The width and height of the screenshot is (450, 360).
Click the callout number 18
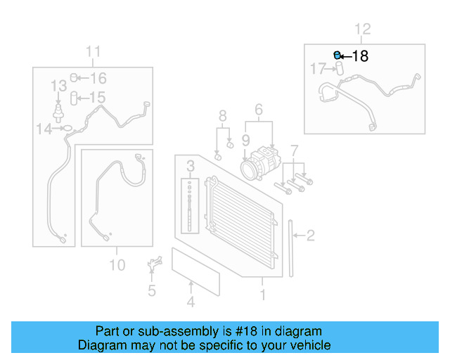click(359, 56)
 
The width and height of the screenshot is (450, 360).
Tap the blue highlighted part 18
click(337, 55)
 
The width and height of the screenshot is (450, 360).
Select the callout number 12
click(362, 30)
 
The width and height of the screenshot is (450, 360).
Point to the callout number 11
click(94, 52)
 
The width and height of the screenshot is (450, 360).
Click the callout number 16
click(98, 78)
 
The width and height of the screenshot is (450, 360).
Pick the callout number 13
click(58, 86)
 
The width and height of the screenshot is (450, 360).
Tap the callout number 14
click(44, 129)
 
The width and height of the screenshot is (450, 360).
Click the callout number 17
click(319, 69)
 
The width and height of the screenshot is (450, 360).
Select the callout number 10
click(117, 264)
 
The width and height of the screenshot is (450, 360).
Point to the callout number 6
click(258, 110)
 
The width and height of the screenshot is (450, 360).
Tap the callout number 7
click(295, 150)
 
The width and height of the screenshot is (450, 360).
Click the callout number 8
click(222, 115)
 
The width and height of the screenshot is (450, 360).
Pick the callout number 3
click(190, 166)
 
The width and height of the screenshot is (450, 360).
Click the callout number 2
click(310, 236)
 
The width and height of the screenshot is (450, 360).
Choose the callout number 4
click(190, 302)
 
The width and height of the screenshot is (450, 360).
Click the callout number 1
click(263, 295)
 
